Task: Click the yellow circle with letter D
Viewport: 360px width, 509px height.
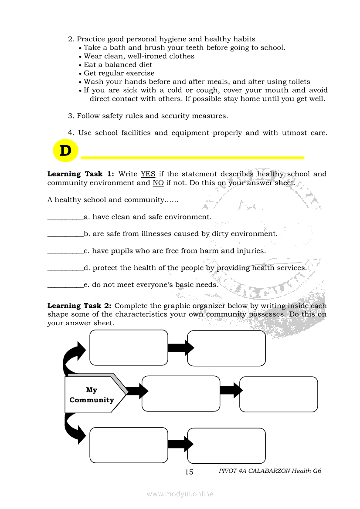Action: click(x=65, y=151)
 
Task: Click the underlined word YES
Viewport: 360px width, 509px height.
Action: click(x=148, y=174)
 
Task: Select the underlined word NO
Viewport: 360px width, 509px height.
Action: click(x=158, y=183)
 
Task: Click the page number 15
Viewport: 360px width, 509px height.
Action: click(x=189, y=472)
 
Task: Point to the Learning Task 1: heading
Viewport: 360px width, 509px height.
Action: click(x=81, y=174)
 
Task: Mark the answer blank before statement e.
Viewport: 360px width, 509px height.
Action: click(x=65, y=285)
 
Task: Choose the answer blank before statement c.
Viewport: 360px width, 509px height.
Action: click(x=65, y=251)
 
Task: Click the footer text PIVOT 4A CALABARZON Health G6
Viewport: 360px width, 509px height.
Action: click(x=270, y=471)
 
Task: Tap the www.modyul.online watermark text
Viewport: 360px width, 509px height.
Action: click(x=180, y=494)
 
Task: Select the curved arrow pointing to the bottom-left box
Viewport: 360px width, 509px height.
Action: click(x=73, y=428)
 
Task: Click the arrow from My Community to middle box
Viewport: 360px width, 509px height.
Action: click(x=137, y=391)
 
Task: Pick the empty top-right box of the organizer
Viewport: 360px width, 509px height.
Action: click(x=226, y=348)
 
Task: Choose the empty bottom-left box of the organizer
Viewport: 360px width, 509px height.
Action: click(x=129, y=445)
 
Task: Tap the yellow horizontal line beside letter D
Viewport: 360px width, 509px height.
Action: click(x=192, y=157)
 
